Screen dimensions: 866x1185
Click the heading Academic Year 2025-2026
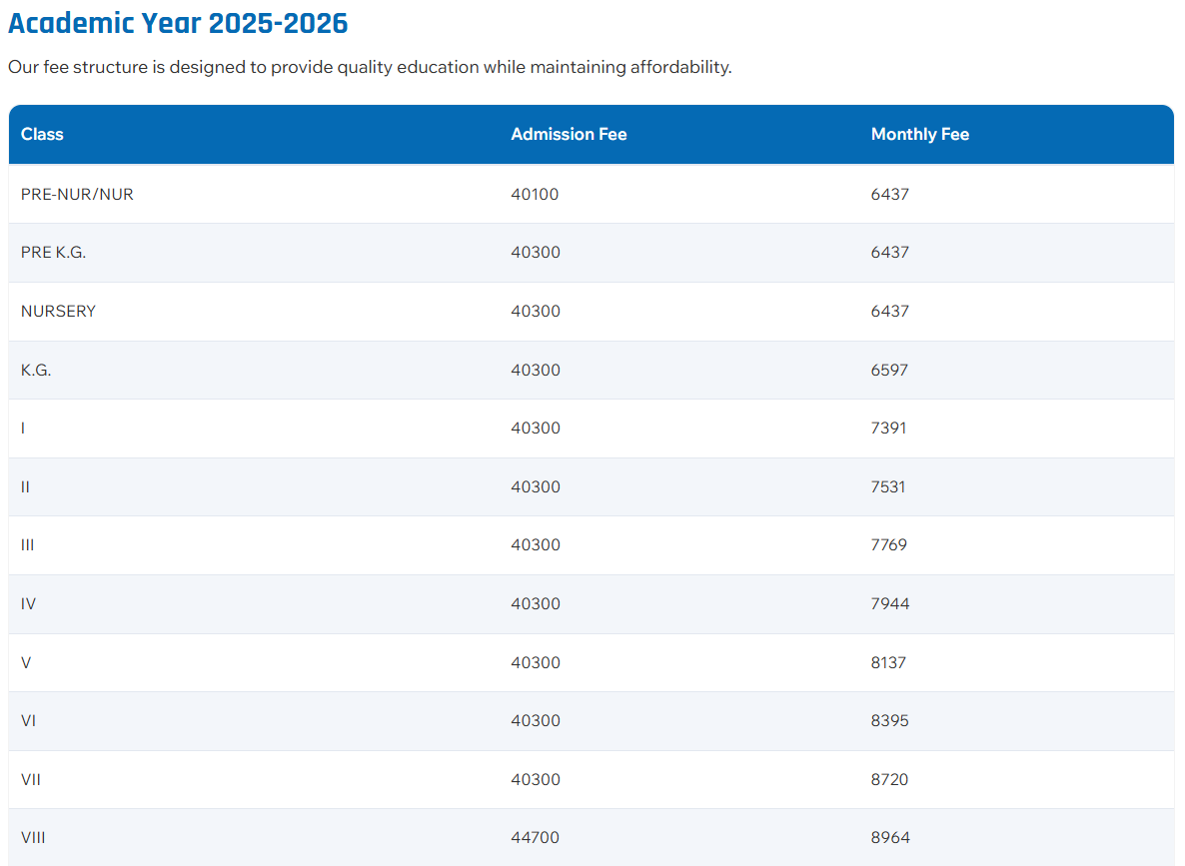coord(178,23)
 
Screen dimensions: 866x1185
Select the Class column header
coord(42,134)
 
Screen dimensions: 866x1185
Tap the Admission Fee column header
coord(569,134)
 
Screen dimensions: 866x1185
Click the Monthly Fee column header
coord(919,134)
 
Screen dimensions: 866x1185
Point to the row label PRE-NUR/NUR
coord(77,194)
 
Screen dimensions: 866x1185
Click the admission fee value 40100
coord(535,194)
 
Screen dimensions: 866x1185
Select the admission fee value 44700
coord(535,837)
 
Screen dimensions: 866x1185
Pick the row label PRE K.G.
coord(53,253)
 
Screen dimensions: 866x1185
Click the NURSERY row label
coord(58,311)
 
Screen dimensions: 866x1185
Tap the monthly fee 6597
coord(889,370)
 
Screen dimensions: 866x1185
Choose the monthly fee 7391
coord(888,428)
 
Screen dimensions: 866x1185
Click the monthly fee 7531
coord(888,486)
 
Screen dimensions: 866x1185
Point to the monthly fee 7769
coord(888,544)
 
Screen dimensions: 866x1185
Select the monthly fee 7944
coord(889,603)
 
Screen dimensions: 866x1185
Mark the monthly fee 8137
coord(888,662)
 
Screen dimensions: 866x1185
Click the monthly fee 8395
coord(889,720)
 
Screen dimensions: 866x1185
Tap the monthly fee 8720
coord(889,779)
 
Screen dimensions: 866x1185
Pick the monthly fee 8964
coord(889,837)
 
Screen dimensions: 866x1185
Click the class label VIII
coord(33,837)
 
